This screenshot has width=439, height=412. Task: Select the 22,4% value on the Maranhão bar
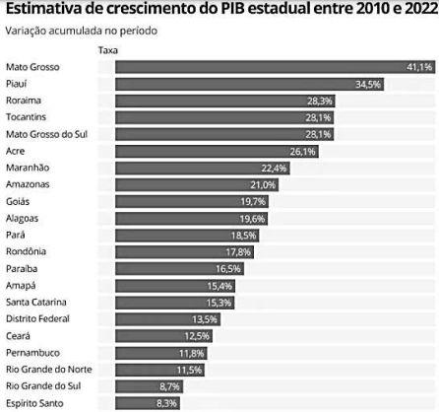pyautogui.click(x=274, y=169)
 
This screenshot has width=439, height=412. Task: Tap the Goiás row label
pyautogui.click(x=19, y=201)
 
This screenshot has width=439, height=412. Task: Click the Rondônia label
pyautogui.click(x=26, y=251)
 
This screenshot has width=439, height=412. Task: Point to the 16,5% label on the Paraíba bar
pyautogui.click(x=228, y=268)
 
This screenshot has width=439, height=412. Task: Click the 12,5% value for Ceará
pyautogui.click(x=197, y=336)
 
